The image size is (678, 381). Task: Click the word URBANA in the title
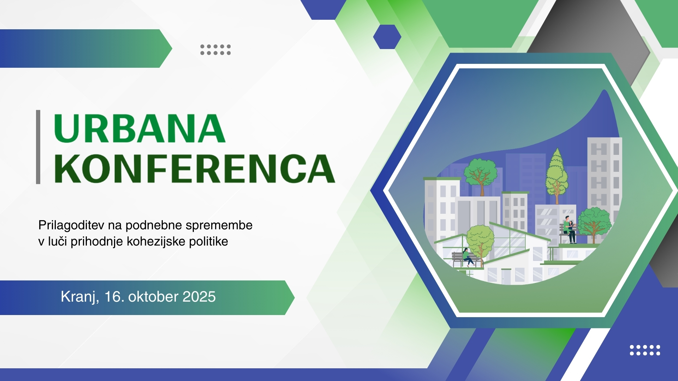139,128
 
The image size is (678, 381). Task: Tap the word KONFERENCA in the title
195,169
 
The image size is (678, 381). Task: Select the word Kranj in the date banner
79,297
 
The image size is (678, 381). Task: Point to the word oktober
153,297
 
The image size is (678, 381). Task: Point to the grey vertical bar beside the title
38,147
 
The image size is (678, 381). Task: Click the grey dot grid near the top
215,50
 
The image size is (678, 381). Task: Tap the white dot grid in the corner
645,350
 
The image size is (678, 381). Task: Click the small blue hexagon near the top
387,37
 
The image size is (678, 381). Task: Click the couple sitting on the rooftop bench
569,229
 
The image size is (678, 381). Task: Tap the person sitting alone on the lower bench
468,257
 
